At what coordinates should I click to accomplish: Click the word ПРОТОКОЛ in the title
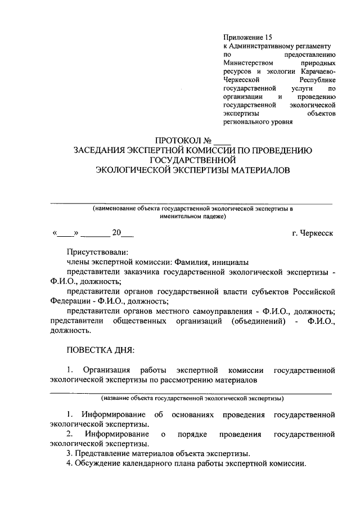(177, 140)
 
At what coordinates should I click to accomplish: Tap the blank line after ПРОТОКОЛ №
(222, 141)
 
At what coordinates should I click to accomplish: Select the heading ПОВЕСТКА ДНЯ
(100, 350)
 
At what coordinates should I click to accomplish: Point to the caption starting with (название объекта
(191, 398)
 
